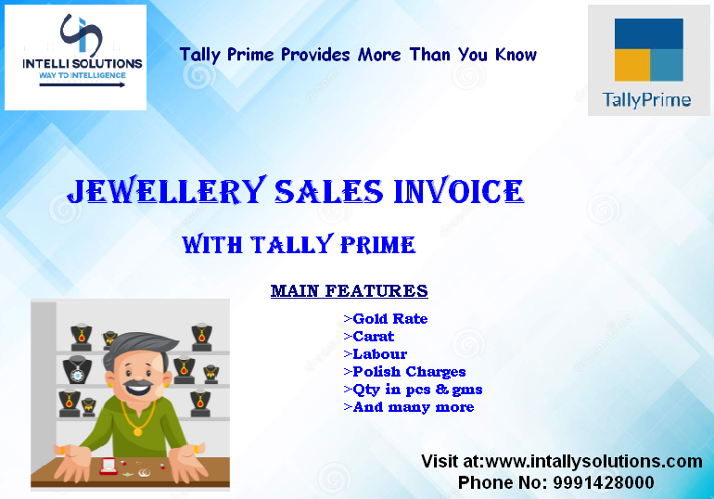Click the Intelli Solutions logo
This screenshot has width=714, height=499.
pos(76,58)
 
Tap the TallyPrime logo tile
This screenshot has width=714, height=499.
pos(648,60)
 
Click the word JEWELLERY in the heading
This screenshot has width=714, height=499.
pos(167,191)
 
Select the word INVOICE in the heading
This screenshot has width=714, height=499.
pos(459,191)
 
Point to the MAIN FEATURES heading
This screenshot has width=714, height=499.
pos(350,290)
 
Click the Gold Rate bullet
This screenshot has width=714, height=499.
pos(386,319)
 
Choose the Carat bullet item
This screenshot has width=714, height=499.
pos(369,337)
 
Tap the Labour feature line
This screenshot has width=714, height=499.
pos(376,354)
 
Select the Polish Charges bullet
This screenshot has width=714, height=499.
pos(405,372)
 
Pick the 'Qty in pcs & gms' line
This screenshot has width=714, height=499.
pos(413,390)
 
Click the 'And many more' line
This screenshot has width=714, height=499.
pos(408,407)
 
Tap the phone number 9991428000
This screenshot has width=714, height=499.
pos(604,482)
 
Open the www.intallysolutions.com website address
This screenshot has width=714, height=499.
pos(593,462)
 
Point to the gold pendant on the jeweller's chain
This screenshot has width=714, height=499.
pos(137,430)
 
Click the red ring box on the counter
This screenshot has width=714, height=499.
pos(108,467)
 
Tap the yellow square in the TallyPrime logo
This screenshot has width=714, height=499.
pos(632,65)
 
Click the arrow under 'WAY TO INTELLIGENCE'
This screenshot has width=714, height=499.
pos(82,85)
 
